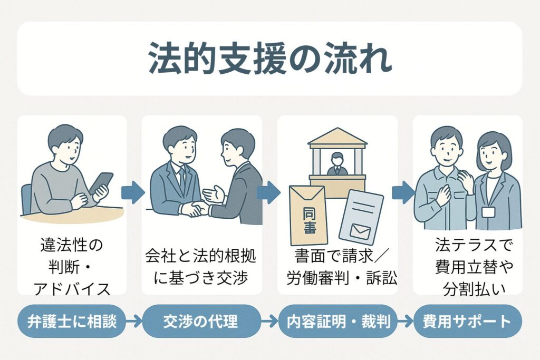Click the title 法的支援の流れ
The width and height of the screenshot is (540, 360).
[270, 59]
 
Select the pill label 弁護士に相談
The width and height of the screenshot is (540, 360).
[72, 322]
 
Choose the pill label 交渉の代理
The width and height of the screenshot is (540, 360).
[200, 322]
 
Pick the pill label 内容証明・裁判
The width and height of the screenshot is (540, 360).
[339, 322]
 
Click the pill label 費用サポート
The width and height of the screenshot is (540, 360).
[467, 322]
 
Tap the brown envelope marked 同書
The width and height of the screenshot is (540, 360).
[308, 215]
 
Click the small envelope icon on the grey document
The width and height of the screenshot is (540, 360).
[360, 230]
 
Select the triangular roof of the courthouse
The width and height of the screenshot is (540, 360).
[337, 137]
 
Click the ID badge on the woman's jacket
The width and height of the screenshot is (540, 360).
[488, 212]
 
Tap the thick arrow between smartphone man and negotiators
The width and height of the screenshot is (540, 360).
[133, 193]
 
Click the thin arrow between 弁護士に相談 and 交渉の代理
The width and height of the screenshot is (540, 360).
[134, 322]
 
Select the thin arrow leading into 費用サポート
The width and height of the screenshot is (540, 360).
[406, 322]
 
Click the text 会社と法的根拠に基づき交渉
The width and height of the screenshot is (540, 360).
[200, 267]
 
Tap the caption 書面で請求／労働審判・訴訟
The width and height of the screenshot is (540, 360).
[341, 267]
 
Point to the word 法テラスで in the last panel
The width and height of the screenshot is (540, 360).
[474, 245]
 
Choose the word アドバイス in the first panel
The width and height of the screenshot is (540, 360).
[72, 288]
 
